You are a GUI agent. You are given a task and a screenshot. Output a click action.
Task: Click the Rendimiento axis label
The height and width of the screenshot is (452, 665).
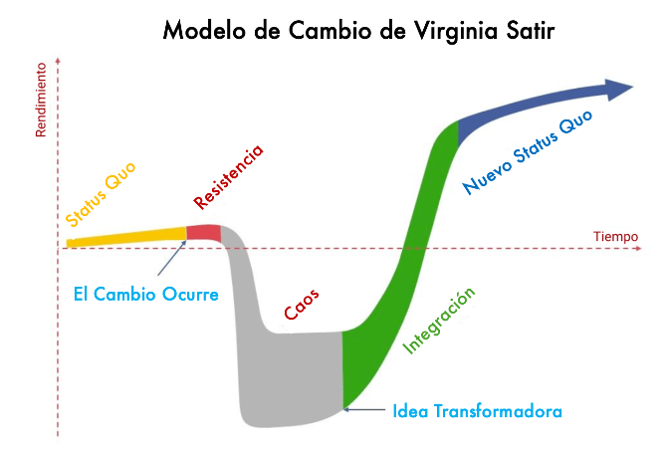(41, 100)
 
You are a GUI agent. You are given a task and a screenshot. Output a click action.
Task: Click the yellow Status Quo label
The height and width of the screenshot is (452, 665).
(101, 193)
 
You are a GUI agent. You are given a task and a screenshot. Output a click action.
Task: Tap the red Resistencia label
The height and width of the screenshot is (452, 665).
(229, 177)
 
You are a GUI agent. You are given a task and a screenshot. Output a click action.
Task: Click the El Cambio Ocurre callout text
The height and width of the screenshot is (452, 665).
(146, 294)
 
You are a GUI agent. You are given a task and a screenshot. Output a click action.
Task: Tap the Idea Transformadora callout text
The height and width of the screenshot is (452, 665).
(478, 411)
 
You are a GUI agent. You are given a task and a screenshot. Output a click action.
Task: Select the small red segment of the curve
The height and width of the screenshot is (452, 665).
(204, 233)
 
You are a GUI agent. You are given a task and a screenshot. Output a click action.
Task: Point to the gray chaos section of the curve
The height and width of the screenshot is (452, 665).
(289, 378)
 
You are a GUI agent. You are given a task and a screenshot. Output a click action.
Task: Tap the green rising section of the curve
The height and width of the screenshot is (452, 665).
(398, 289)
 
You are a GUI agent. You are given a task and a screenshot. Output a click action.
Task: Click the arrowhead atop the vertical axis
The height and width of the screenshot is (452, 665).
(59, 62)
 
